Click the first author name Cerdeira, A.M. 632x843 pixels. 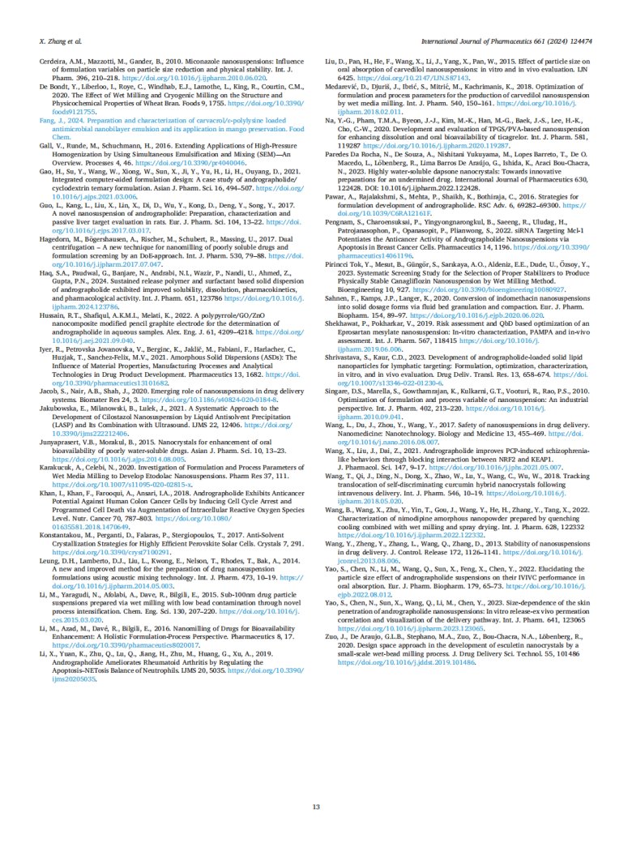click(x=62, y=62)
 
